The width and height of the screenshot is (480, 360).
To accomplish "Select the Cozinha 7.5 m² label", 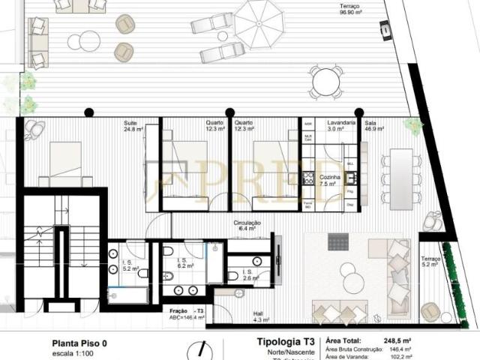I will pyautogui.click(x=331, y=180).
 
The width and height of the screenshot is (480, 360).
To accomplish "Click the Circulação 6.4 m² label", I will pyautogui.click(x=247, y=225).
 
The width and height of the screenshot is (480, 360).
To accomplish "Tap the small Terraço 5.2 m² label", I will pyautogui.click(x=430, y=261).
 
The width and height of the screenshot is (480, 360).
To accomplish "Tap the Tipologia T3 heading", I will pyautogui.click(x=276, y=342).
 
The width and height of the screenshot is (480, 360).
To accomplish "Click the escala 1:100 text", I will pyautogui.click(x=74, y=353).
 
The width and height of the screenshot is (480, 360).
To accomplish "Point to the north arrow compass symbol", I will pyautogui.click(x=201, y=349).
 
